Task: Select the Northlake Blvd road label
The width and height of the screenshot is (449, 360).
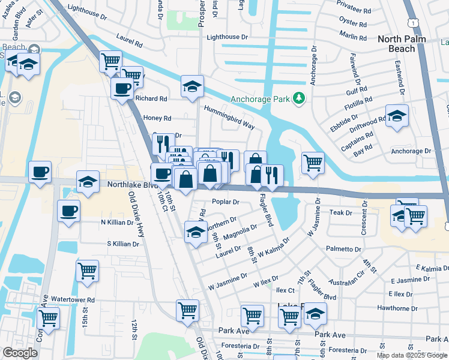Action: pos(128,185)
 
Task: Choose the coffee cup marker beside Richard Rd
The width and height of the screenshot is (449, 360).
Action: pos(122,88)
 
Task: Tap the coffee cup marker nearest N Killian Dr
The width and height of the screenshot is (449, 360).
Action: pos(68,211)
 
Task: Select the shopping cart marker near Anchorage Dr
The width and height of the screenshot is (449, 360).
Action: pos(313,162)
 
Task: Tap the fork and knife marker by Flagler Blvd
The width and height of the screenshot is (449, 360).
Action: pos(273,175)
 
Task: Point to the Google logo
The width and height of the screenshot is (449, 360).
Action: pos(20,353)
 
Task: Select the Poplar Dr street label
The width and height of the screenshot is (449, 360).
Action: pos(226,202)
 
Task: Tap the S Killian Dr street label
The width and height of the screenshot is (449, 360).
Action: pos(123,244)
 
